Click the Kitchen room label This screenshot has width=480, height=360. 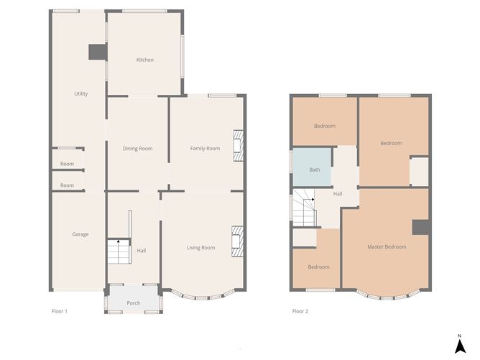[x=145, y=60]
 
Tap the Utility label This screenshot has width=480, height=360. [x=80, y=93]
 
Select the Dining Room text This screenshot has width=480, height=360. [x=137, y=149]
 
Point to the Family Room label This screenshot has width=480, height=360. [x=205, y=149]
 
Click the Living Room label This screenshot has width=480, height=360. [x=200, y=248]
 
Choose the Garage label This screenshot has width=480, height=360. [x=80, y=234]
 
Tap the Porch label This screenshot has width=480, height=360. [x=134, y=303]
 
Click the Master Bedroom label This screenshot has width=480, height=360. [x=387, y=246]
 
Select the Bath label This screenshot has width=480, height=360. [x=315, y=170]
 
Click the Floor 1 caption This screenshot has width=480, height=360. [x=59, y=311]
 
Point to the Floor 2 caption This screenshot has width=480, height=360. [x=300, y=311]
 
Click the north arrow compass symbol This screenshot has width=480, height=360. [x=460, y=345]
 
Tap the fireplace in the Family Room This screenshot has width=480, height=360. [x=239, y=146]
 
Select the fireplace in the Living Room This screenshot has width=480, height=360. [x=237, y=241]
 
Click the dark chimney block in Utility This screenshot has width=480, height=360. [x=98, y=52]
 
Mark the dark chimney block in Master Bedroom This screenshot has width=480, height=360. [x=420, y=228]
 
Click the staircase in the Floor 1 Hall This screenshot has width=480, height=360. [x=119, y=251]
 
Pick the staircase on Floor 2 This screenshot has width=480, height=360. [x=304, y=208]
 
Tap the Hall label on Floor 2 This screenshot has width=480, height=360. [x=338, y=194]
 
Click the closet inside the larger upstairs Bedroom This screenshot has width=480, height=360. [x=419, y=172]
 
